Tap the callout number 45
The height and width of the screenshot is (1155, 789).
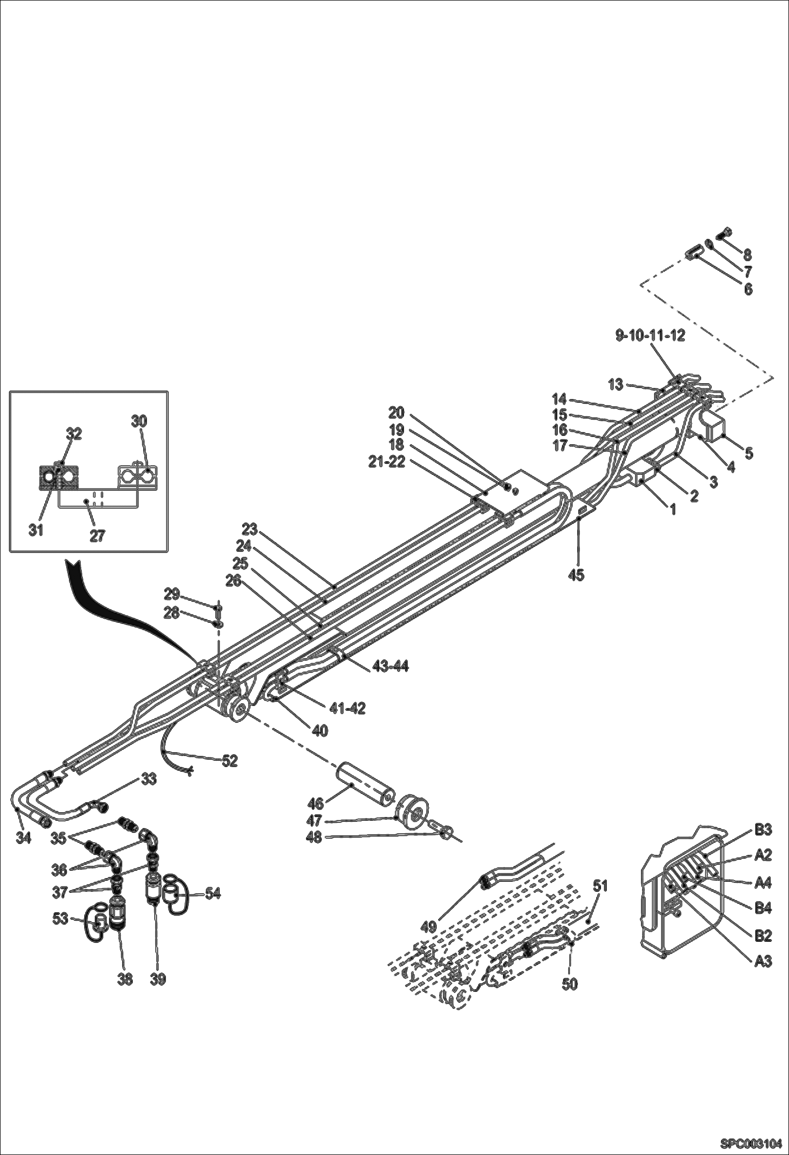(576, 575)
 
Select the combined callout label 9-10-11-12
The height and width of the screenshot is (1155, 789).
(650, 336)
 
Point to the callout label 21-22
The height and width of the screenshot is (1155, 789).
(388, 463)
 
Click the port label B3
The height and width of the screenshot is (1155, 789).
(763, 830)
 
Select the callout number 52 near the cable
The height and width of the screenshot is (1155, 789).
(230, 760)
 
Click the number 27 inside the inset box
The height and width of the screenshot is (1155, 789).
(97, 535)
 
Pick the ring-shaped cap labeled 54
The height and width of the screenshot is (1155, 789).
(174, 893)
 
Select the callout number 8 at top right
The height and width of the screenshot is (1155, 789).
(747, 254)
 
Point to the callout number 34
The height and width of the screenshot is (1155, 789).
(23, 838)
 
